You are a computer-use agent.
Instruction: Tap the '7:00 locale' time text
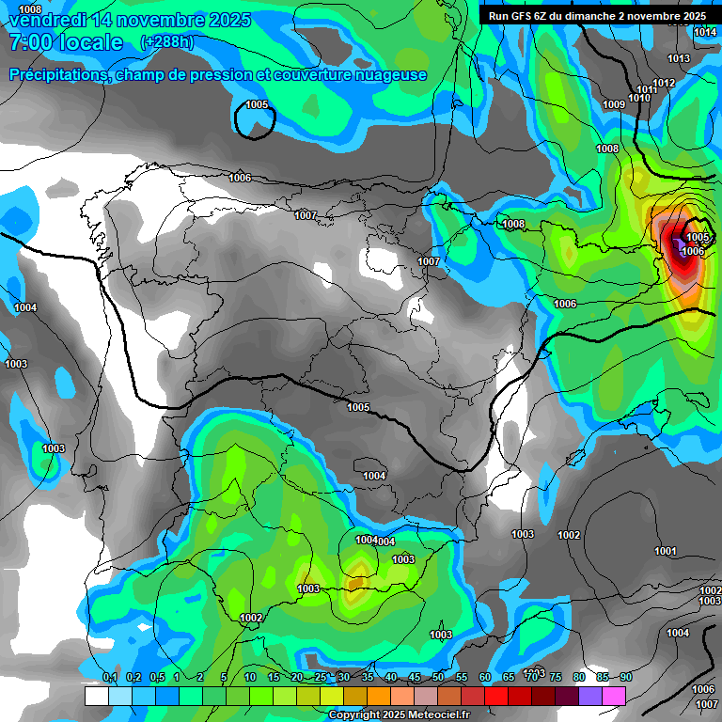66,42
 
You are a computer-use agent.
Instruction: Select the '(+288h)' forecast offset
166,42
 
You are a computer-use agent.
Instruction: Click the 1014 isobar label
705,33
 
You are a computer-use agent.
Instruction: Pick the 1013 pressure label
679,59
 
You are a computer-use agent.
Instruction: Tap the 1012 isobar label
665,83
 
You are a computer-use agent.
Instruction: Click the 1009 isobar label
614,104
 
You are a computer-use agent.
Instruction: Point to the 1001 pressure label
666,551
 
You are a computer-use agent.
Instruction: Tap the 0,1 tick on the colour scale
109,678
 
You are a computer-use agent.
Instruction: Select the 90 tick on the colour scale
626,678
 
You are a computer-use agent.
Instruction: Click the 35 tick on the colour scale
368,678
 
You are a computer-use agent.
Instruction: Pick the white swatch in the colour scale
96,696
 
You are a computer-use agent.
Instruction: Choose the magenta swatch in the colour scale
614,696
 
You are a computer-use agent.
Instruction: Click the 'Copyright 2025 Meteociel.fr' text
400,715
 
